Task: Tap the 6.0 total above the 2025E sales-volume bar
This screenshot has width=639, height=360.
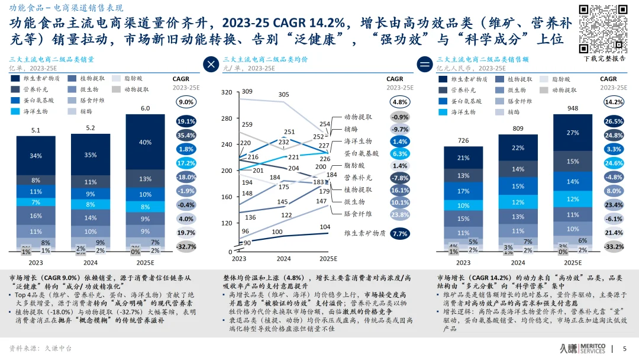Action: tap(145, 108)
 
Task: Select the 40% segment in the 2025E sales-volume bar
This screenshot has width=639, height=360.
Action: tap(145, 143)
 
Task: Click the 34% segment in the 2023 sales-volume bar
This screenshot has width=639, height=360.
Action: tap(36, 156)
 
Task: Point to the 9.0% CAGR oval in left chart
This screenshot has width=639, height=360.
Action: tap(186, 102)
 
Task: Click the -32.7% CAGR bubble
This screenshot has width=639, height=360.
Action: tap(186, 246)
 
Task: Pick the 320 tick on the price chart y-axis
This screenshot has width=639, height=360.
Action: tap(227, 93)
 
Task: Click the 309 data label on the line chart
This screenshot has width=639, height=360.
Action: tap(247, 91)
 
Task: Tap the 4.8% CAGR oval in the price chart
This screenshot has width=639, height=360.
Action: tap(400, 102)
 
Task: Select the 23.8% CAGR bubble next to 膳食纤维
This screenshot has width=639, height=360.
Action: tap(400, 214)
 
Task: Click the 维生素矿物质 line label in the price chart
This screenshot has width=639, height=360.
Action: tap(365, 233)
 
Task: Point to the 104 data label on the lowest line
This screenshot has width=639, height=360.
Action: tap(325, 227)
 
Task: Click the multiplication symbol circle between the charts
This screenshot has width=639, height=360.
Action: tap(211, 65)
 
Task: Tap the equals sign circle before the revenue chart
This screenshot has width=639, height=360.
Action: tap(425, 65)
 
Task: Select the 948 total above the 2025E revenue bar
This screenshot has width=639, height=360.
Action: tap(573, 108)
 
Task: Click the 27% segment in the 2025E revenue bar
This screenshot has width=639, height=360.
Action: tap(573, 133)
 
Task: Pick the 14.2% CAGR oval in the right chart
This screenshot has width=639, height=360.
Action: tap(614, 102)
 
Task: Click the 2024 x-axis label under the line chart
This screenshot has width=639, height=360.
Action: tap(283, 259)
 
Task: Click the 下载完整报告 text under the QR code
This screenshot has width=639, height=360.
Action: tap(605, 59)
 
